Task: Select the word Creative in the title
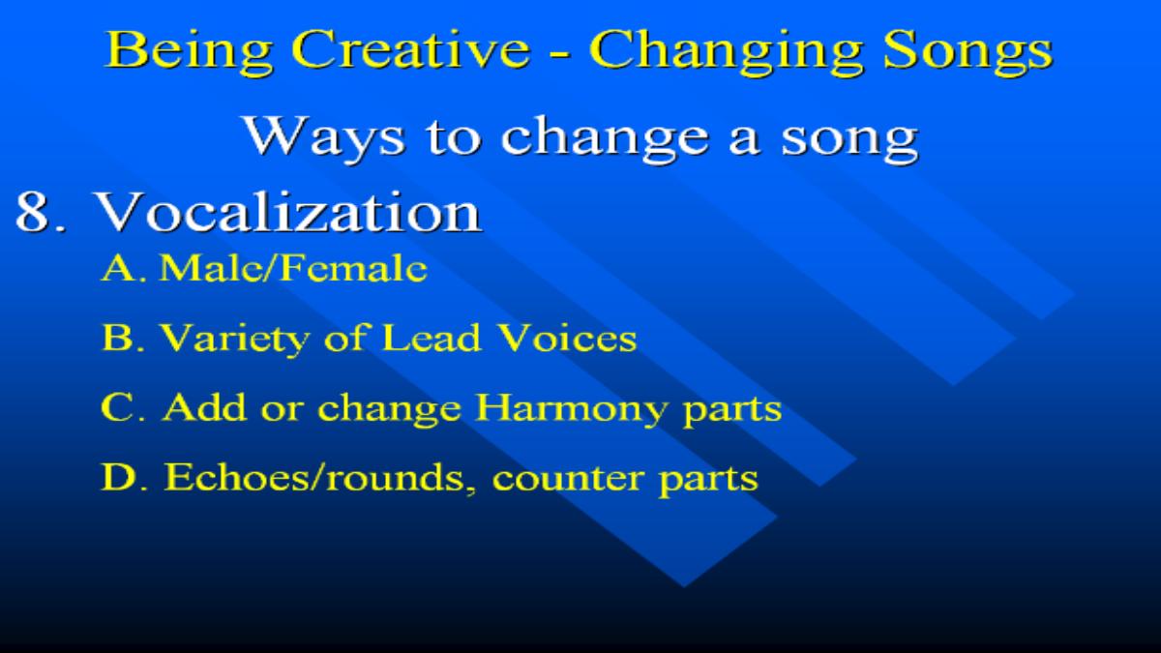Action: pos(411,49)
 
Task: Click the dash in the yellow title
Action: pos(560,53)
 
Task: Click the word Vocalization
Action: pos(288,212)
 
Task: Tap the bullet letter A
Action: pos(119,269)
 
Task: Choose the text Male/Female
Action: pos(293,268)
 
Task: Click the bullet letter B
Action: pos(118,338)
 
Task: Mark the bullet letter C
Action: pos(118,407)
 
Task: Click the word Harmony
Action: pos(571,409)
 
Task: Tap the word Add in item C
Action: pos(204,407)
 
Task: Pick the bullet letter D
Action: pos(119,477)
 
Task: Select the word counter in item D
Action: pos(567,479)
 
